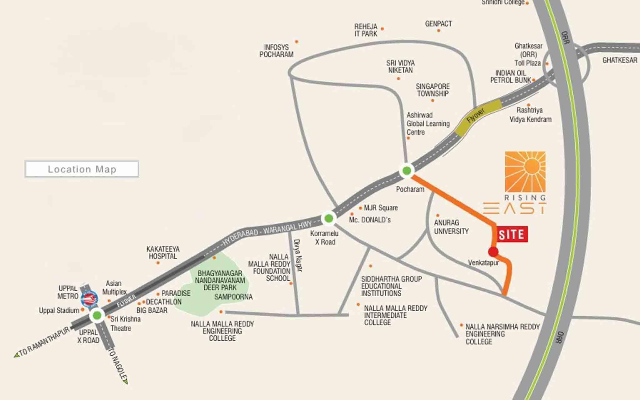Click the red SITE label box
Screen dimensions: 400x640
(511, 234)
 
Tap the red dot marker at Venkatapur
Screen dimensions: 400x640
(493, 251)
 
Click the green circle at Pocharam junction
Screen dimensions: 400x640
(407, 170)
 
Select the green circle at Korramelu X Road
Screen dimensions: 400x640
(328, 218)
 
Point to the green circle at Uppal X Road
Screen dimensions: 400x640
(97, 315)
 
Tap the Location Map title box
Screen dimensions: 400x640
(82, 169)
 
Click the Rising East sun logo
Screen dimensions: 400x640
(525, 171)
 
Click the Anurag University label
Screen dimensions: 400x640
(451, 227)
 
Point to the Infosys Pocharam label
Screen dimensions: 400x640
(276, 51)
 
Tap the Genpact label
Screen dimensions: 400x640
(438, 24)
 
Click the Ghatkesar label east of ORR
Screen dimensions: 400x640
(619, 60)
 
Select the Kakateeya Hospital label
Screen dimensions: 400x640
(163, 252)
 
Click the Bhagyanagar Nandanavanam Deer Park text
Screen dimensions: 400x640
(220, 280)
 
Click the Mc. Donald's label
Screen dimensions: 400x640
(370, 220)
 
